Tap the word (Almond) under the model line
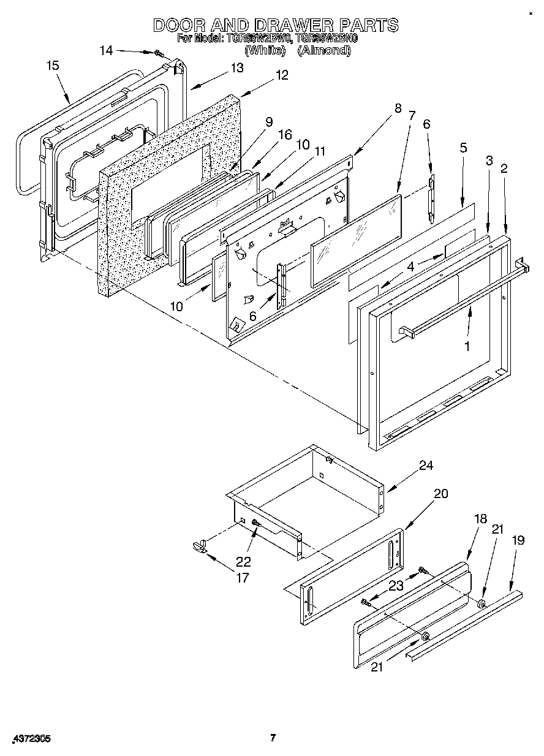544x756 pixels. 323,51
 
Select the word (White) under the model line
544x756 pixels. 265,51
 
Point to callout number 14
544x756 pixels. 106,50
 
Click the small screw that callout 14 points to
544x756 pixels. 159,55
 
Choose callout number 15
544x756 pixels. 53,66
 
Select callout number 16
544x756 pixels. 285,134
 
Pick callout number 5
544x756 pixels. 463,148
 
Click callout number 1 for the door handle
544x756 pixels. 467,346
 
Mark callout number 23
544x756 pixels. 396,585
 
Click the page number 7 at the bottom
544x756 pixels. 273,738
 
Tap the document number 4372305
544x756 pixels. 29,739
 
